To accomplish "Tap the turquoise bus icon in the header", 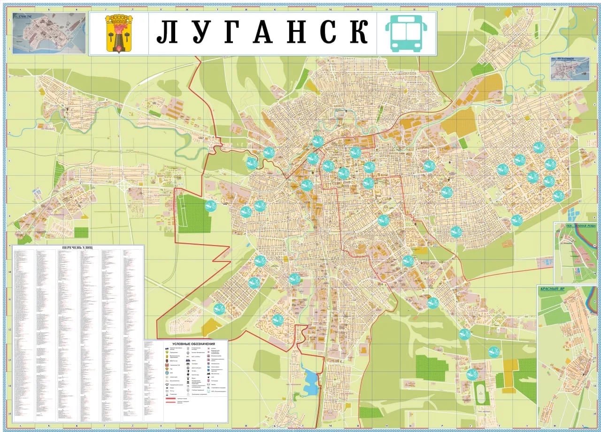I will point(406,33).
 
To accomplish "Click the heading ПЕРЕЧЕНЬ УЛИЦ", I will point(78,248).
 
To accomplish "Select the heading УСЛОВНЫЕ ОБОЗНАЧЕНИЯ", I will point(185,344).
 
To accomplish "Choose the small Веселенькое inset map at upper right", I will point(570,69).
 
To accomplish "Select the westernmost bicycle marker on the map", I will point(210,205).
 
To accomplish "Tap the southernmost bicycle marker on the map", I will point(472,374).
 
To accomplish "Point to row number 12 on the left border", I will point(9,330).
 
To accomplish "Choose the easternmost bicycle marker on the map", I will point(558,196).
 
